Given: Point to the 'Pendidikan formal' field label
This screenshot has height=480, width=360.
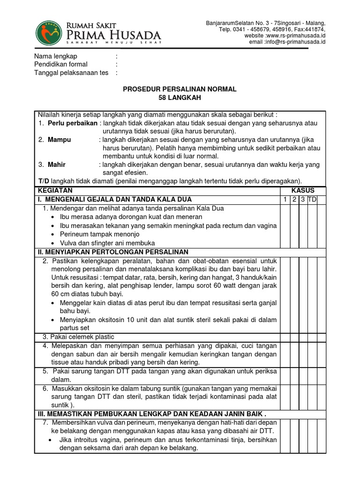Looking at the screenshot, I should tap(61, 64).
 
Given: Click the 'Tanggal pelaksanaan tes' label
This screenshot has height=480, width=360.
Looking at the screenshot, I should tap(71, 73).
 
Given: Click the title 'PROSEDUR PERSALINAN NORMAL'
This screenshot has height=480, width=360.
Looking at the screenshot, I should tap(180, 89).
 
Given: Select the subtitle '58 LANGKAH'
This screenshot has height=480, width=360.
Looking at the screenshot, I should tap(180, 97).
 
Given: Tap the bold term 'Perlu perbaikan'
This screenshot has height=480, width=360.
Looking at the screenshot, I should tap(73, 123).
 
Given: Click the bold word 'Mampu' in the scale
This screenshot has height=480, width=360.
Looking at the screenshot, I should tap(60, 140).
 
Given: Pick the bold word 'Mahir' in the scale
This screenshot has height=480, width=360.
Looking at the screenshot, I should tap(57, 165).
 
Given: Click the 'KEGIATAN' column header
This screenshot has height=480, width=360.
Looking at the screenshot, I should tap(55, 190).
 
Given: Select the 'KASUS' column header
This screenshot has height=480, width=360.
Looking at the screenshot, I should tap(303, 190).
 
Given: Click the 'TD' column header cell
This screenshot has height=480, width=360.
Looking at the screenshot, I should tap(313, 200).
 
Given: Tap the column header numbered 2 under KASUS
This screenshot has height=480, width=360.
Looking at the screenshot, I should tap(294, 200).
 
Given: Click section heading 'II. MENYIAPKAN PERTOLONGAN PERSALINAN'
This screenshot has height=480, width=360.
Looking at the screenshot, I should tap(112, 252).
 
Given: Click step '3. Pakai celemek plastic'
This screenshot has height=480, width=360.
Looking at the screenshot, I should tap(78, 337).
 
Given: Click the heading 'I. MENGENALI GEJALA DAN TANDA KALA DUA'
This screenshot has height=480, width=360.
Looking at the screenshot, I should tap(115, 199).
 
